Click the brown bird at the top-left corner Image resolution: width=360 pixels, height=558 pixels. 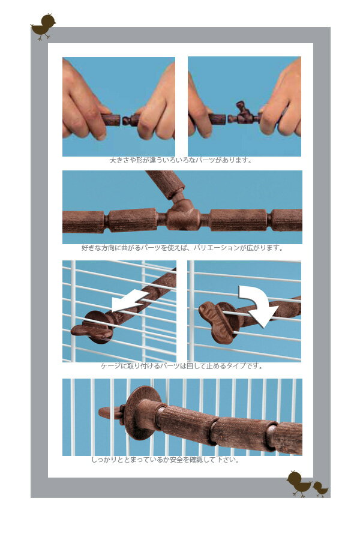coord(43,26)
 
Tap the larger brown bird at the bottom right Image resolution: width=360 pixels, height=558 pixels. coord(299,483)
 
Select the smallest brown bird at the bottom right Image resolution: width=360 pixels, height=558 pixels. coord(320,489)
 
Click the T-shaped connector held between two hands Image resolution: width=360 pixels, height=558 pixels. coord(244,114)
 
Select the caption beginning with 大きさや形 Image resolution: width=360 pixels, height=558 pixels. coord(181,160)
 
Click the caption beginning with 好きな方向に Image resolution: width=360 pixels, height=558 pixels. coord(182,248)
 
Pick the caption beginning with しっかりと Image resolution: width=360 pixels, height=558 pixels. coord(166,460)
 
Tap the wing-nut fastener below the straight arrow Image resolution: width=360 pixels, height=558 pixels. coord(92,328)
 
